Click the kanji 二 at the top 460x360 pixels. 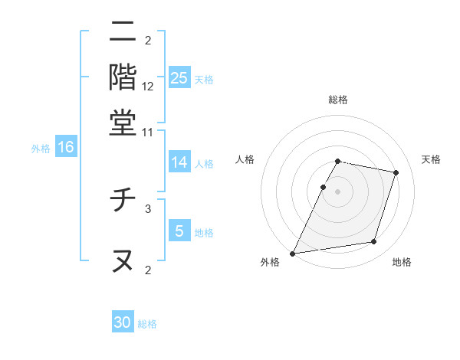(x=123, y=32)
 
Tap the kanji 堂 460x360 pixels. (x=123, y=123)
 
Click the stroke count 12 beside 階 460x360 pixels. (x=148, y=86)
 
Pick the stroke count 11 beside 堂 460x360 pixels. (x=148, y=132)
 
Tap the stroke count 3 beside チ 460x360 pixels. (x=148, y=208)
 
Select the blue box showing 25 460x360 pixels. (x=179, y=78)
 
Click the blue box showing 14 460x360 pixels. (x=179, y=162)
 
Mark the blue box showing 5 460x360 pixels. (x=179, y=231)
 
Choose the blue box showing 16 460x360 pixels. (x=66, y=148)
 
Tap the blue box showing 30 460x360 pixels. (x=123, y=322)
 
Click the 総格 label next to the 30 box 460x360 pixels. (x=147, y=324)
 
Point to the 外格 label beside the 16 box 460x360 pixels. (x=41, y=149)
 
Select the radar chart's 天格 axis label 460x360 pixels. (x=432, y=159)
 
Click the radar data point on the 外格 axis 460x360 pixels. (x=293, y=253)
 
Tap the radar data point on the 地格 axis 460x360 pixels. (x=374, y=242)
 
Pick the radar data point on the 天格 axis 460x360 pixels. (x=396, y=172)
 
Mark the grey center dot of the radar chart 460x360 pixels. (x=337, y=191)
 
